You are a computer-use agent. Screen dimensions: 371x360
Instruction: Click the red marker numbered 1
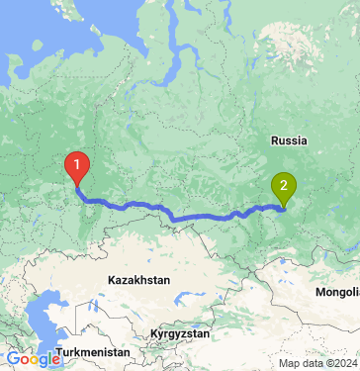(x=75, y=165)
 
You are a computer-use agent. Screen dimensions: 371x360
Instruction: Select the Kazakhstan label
(x=138, y=280)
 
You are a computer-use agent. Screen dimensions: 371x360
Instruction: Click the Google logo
(x=33, y=359)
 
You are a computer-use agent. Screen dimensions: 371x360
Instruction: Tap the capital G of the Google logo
(x=13, y=359)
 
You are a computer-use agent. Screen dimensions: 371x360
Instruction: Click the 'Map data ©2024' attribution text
(x=315, y=363)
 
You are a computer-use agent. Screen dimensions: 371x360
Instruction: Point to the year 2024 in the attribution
(x=340, y=363)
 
